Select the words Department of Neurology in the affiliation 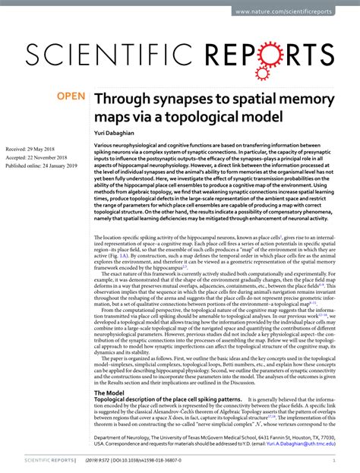[123, 438]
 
